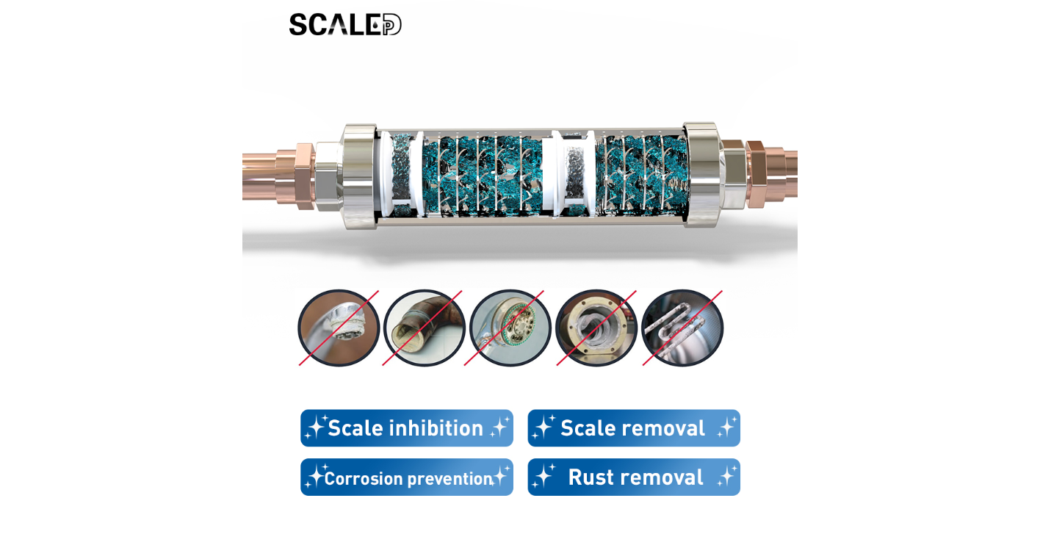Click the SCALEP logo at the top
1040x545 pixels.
click(x=345, y=24)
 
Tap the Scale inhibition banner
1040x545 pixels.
click(x=406, y=428)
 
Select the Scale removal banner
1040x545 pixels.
click(x=633, y=428)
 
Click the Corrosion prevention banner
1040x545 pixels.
click(x=406, y=477)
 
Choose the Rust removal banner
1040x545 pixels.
click(x=633, y=477)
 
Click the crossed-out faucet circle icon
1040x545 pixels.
click(x=339, y=328)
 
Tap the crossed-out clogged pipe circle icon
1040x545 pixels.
click(x=425, y=328)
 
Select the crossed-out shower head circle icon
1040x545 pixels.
click(x=510, y=328)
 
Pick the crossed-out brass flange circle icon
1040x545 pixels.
click(x=596, y=328)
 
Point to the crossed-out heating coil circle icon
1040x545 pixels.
click(x=682, y=328)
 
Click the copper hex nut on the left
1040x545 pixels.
click(x=304, y=176)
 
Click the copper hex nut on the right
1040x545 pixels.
click(x=756, y=174)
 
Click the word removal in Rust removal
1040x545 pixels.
click(x=665, y=477)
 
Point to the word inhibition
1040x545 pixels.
click(x=436, y=428)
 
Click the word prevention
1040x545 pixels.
click(x=449, y=479)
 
